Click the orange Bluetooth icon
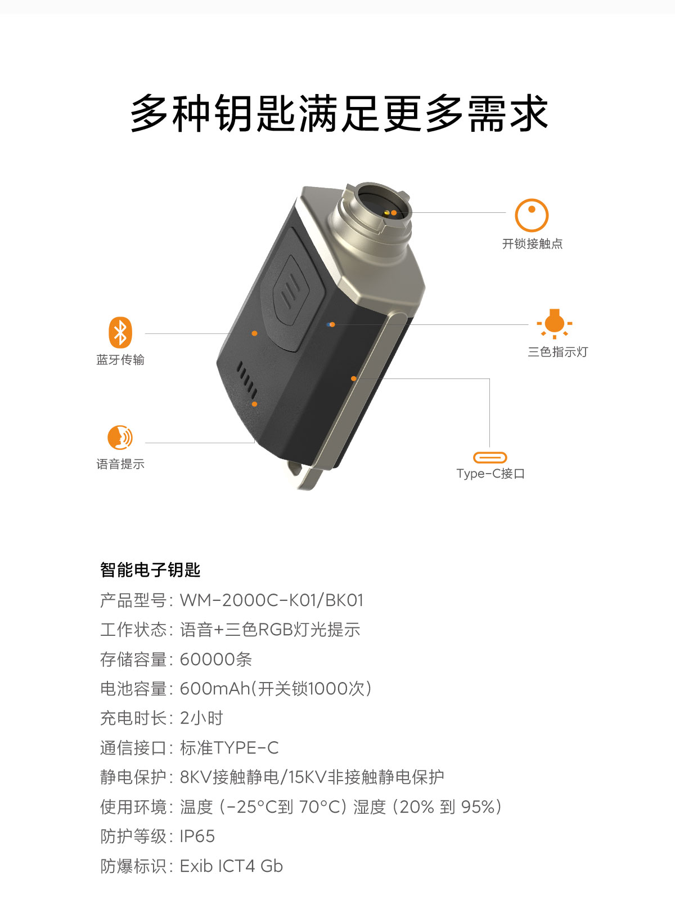pyautogui.click(x=120, y=332)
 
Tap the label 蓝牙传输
pyautogui.click(x=120, y=360)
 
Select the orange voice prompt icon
pyautogui.click(x=120, y=437)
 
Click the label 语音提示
pyautogui.click(x=120, y=464)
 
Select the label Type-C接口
pyautogui.click(x=490, y=474)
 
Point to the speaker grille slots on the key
pyautogui.click(x=247, y=380)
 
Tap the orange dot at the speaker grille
pyautogui.click(x=255, y=404)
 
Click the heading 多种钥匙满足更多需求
pyautogui.click(x=339, y=113)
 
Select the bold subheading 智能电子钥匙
pyautogui.click(x=150, y=570)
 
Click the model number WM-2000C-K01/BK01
pyautogui.click(x=271, y=600)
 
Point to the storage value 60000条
pyautogui.click(x=216, y=659)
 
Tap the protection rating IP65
pyautogui.click(x=197, y=836)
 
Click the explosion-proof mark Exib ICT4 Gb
pyautogui.click(x=231, y=866)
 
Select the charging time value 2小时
pyautogui.click(x=201, y=719)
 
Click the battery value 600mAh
pyautogui.click(x=215, y=689)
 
